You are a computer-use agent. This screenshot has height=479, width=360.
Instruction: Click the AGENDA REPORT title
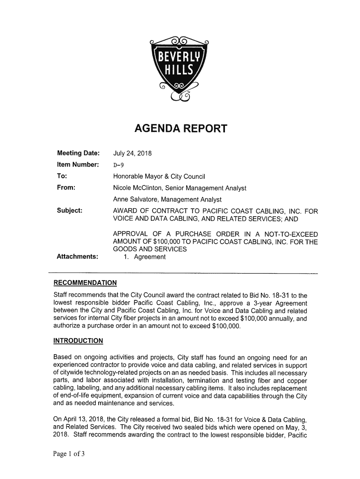pos(180,128)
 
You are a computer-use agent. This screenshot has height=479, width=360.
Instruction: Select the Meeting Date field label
pos(78,153)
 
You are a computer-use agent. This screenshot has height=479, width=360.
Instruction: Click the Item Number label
pos(78,165)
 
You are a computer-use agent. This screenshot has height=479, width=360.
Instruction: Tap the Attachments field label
pos(77,256)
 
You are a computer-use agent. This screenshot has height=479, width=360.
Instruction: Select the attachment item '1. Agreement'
pos(144,256)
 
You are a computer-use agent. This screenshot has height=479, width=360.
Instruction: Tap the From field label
pos(66,188)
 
